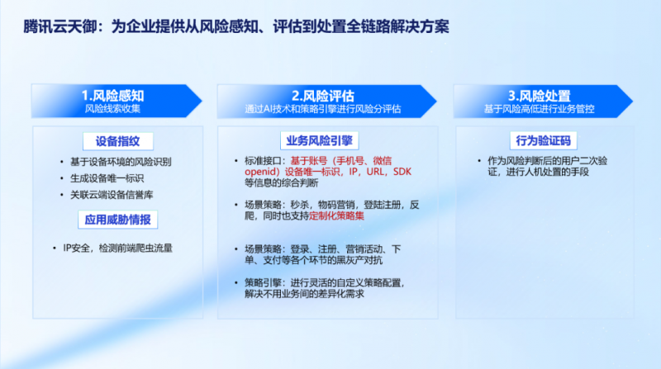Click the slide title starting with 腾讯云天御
236,26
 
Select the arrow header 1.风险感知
117,101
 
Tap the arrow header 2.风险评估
326,101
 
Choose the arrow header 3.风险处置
543,101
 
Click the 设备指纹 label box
118,141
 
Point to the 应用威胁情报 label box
118,220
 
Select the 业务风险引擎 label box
320,140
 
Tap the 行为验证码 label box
544,140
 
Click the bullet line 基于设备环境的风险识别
121,162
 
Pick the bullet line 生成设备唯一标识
107,178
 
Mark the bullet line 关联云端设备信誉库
112,195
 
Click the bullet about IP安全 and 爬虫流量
117,248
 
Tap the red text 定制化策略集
337,215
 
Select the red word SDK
402,172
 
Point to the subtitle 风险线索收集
112,109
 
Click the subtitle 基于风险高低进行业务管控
540,109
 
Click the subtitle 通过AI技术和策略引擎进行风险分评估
323,109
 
